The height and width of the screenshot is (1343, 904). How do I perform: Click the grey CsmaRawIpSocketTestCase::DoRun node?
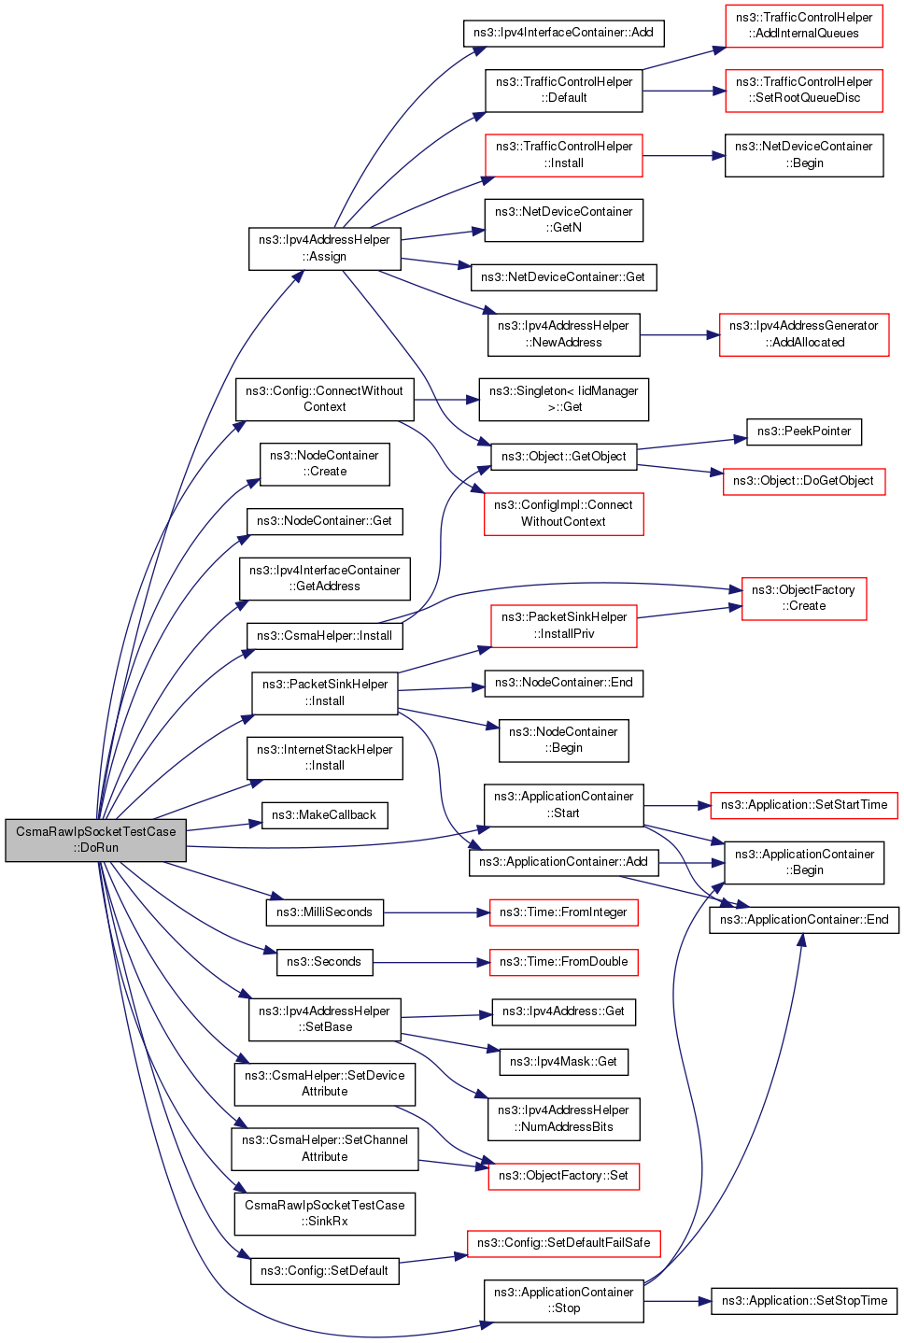[x=96, y=840]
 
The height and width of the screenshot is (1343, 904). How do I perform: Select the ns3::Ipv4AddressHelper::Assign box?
[x=324, y=248]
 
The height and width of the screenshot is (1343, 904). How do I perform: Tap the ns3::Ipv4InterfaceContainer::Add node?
[x=563, y=33]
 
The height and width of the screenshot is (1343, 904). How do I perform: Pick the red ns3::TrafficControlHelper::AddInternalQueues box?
[x=804, y=26]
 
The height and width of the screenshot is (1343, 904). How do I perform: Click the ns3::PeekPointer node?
[x=804, y=431]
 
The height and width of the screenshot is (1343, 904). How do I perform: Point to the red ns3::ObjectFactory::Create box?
[x=804, y=599]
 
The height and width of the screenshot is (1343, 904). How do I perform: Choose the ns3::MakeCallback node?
[x=324, y=815]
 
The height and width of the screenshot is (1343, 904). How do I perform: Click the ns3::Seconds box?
[x=324, y=962]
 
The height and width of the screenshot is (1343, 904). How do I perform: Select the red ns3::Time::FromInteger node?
[x=563, y=912]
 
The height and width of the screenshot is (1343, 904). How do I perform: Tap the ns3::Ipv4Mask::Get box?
[x=563, y=1062]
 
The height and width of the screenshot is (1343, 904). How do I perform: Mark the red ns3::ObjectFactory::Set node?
[x=563, y=1176]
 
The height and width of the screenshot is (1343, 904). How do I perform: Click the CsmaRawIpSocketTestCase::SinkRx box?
[x=324, y=1213]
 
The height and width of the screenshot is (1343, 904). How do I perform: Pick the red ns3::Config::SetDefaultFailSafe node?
[x=563, y=1243]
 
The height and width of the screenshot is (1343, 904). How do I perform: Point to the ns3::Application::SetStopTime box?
[x=804, y=1301]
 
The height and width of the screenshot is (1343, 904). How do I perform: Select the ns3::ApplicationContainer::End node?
[x=804, y=920]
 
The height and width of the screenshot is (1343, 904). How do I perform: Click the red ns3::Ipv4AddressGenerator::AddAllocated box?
[x=804, y=334]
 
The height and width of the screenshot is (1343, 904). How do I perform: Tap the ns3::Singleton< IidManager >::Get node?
[x=563, y=400]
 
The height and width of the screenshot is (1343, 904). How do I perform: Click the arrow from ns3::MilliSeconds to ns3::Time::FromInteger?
[x=436, y=912]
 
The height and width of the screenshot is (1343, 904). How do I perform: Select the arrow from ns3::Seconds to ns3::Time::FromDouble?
[x=431, y=962]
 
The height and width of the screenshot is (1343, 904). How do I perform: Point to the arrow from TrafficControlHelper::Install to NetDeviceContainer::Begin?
[x=684, y=156]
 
